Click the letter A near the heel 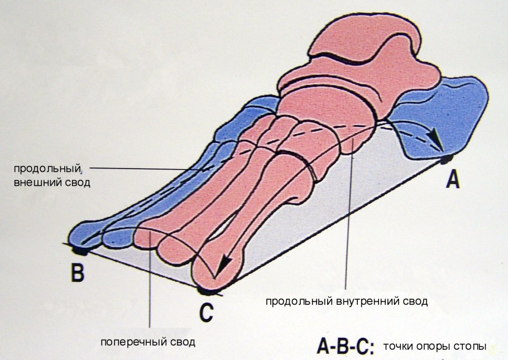453,180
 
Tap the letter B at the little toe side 78,272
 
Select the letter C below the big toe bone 207,312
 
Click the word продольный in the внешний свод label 47,169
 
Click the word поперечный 135,342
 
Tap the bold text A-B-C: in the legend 346,347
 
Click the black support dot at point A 447,159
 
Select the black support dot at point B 80,251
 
